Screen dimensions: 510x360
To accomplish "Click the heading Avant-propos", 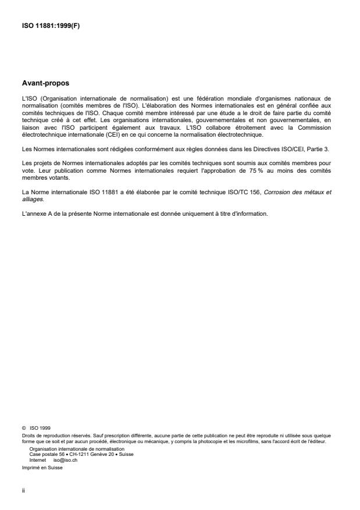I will [45, 83].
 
